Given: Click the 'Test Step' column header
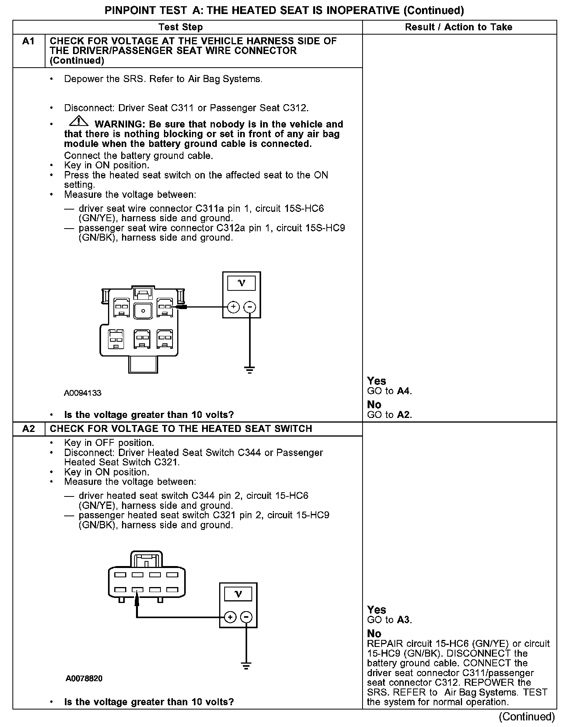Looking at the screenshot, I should (180, 27).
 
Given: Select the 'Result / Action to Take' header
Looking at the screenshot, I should (459, 27).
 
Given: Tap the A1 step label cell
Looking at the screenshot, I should (29, 42).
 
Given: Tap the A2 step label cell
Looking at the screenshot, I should (29, 428).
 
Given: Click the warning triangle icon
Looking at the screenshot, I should (78, 122).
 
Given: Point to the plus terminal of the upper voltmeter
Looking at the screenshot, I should (233, 307).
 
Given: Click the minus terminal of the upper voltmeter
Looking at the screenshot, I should (249, 307).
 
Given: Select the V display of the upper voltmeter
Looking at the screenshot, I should (241, 283).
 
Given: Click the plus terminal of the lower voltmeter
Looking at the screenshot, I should (230, 617).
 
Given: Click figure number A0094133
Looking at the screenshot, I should (83, 393).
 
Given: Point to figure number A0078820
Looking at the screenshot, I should (84, 678).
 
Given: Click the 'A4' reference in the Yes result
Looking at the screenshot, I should (404, 391).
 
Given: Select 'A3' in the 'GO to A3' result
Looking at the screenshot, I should (404, 620).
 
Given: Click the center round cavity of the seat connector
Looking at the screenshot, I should (143, 311).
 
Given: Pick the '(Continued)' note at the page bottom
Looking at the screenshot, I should (527, 716).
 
